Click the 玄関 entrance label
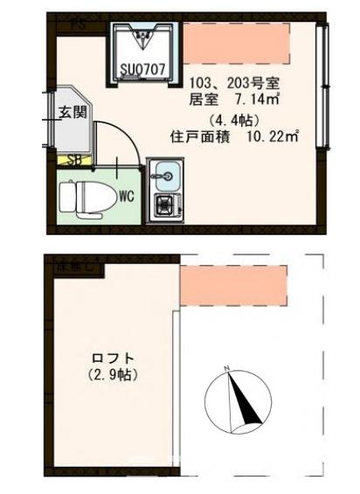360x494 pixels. [72, 112]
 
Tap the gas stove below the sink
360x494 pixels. [164, 206]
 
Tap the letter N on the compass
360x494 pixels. [227, 369]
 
